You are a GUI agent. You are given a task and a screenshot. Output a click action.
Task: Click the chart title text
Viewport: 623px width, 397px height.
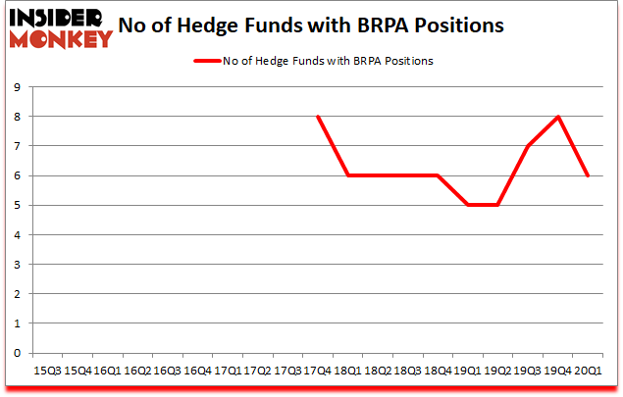[312, 24]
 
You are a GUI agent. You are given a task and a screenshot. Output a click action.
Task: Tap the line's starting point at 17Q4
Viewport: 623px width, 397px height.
[318, 117]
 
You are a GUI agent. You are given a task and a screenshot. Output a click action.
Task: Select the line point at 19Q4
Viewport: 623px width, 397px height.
[558, 117]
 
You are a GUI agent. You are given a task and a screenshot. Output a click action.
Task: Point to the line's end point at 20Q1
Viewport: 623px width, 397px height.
[589, 175]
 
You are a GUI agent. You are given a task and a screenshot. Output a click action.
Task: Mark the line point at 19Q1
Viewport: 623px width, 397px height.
[468, 205]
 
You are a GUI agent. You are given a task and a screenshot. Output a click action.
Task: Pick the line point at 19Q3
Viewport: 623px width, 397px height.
[528, 146]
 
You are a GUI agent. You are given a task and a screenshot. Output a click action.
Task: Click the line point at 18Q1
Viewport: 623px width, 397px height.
[347, 175]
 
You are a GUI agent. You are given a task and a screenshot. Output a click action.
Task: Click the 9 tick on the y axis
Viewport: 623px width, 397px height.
[17, 87]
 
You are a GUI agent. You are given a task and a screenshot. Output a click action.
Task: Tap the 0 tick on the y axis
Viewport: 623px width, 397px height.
[17, 353]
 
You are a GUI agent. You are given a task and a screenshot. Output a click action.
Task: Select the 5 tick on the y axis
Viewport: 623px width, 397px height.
[17, 205]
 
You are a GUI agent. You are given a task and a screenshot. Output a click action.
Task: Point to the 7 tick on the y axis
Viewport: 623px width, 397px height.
[17, 146]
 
